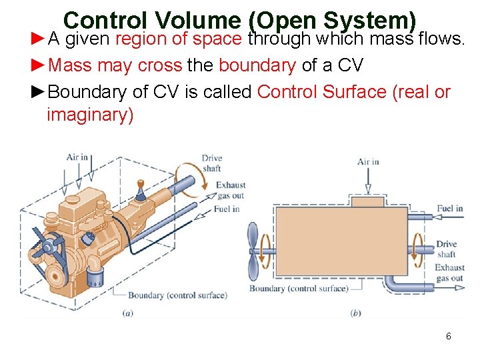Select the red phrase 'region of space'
[178, 39]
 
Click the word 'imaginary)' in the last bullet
[90, 115]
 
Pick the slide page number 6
[449, 336]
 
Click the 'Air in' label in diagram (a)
[77, 158]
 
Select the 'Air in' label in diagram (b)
[368, 162]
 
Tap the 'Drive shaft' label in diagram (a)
[212, 163]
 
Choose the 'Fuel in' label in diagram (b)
[449, 209]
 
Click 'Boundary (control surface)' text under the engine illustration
[177, 295]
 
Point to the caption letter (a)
[127, 313]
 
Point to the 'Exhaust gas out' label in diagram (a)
[231, 190]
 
